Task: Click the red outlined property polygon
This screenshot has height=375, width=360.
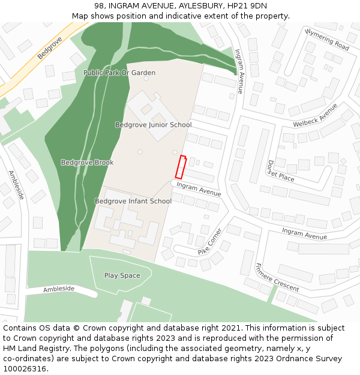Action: pos(180,167)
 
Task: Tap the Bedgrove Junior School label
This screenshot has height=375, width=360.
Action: pos(153,125)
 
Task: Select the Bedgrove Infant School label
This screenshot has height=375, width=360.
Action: pos(133,201)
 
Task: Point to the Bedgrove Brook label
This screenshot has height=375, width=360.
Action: pos(87,163)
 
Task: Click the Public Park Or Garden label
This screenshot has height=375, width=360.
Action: pos(119,73)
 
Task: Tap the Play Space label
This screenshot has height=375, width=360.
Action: pos(122,275)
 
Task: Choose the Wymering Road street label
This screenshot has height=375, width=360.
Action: pos(326,40)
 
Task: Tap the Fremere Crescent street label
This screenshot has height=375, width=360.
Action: pos(277,278)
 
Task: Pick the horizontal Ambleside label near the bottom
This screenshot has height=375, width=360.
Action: pos(59,289)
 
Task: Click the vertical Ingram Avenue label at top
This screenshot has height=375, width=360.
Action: pos(239,71)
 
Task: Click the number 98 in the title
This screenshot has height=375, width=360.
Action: pos(99,5)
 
